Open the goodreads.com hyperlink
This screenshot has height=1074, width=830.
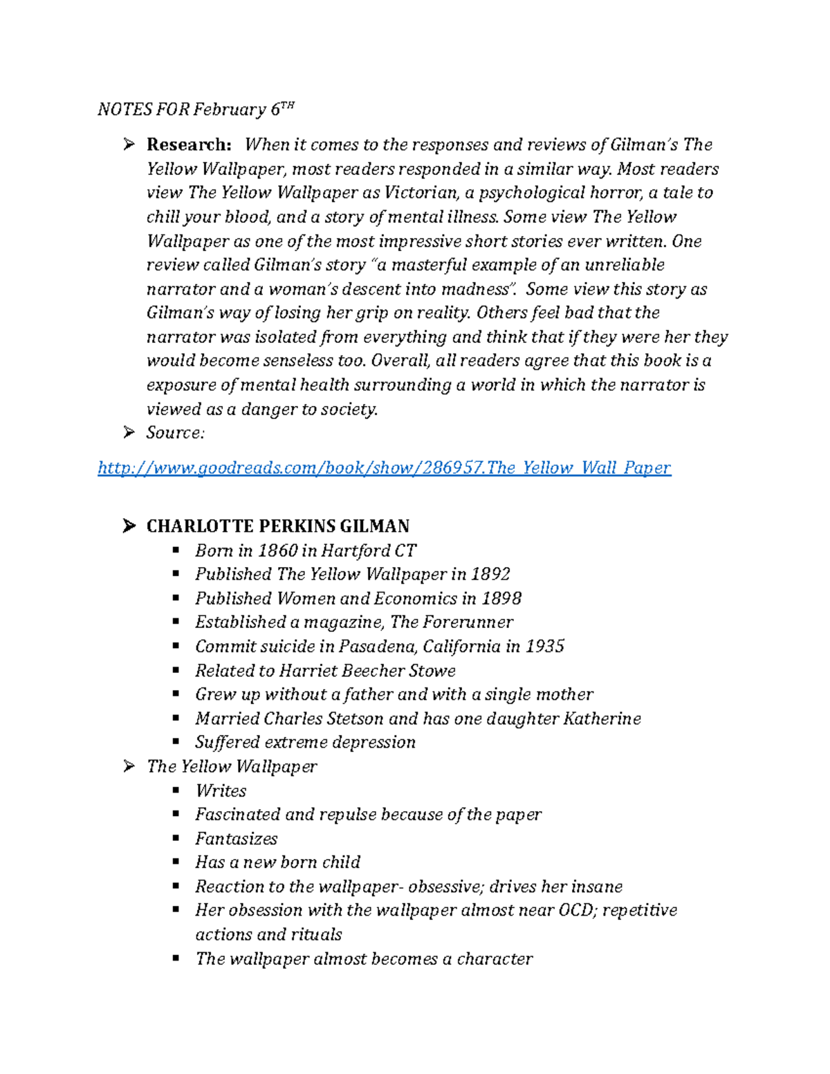(384, 468)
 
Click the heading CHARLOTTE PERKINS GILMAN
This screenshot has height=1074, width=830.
(278, 526)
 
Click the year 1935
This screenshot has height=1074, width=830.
(544, 646)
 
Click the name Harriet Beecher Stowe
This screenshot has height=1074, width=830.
(367, 670)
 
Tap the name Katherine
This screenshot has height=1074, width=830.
(602, 719)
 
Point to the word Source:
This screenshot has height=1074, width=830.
(176, 433)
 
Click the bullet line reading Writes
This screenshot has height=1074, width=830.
(221, 790)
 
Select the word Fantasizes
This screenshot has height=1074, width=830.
(236, 838)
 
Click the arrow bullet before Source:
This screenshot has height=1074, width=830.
(129, 433)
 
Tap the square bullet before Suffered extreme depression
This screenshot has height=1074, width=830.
(176, 742)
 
